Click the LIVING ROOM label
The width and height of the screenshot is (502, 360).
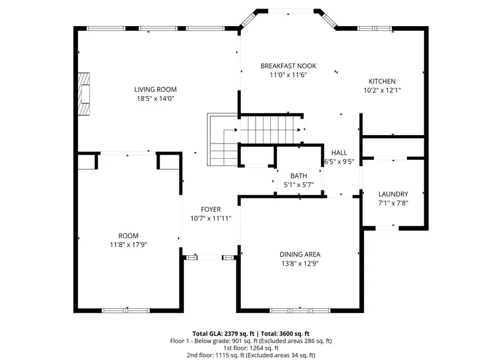(x=155, y=89)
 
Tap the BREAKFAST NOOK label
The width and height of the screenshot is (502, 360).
(x=288, y=66)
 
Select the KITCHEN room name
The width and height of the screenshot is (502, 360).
(x=382, y=81)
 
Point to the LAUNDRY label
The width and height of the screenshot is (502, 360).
(x=393, y=194)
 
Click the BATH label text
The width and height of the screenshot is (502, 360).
(x=299, y=176)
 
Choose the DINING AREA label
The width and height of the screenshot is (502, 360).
(x=300, y=254)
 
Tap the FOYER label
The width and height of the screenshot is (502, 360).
(x=211, y=209)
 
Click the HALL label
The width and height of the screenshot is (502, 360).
(x=339, y=153)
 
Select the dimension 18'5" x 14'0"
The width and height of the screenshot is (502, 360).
(x=156, y=99)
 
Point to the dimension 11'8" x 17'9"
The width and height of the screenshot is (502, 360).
(x=128, y=245)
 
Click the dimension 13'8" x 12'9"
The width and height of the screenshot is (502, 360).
(x=300, y=264)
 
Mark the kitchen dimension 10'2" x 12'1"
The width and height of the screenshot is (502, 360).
(x=382, y=90)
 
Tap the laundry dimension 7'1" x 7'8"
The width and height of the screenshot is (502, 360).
(x=393, y=203)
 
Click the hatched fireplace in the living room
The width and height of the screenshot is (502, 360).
(x=84, y=94)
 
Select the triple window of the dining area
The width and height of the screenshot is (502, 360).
(x=300, y=310)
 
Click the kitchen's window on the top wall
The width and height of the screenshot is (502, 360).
(x=375, y=29)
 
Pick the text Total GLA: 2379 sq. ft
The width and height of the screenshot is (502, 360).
(x=223, y=334)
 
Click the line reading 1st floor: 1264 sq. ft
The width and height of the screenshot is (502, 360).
(x=251, y=348)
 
